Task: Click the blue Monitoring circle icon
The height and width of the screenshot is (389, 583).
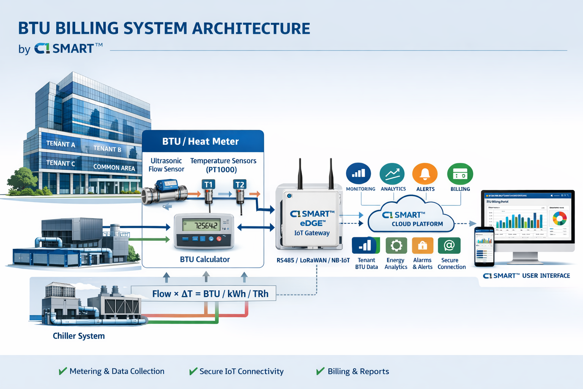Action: [x=358, y=174]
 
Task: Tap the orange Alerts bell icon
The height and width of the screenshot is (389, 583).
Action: [x=425, y=174]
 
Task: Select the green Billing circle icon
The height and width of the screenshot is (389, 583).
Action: [x=460, y=174]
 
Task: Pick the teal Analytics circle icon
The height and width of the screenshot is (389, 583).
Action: [x=392, y=174]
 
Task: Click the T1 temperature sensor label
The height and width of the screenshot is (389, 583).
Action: [x=208, y=185]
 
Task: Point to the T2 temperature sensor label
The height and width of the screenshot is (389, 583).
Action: [x=240, y=185]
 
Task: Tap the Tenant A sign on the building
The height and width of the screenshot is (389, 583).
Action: [x=61, y=144]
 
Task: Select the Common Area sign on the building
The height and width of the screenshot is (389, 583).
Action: [x=114, y=168]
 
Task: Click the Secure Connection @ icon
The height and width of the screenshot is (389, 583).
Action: [x=449, y=245]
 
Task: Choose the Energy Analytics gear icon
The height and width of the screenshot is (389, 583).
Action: [x=396, y=245]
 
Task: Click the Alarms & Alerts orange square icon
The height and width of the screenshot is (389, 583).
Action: [x=422, y=245]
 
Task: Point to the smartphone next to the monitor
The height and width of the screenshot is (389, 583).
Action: [x=484, y=247]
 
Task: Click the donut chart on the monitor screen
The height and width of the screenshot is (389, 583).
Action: [x=559, y=218]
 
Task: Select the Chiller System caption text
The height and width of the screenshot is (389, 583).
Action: [x=79, y=336]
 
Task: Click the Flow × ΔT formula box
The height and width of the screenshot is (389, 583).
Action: [x=203, y=294]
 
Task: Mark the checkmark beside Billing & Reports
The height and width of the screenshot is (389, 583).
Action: [x=320, y=371]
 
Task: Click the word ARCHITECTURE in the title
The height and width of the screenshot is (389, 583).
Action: [x=251, y=28]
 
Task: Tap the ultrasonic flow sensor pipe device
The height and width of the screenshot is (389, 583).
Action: [x=165, y=192]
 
